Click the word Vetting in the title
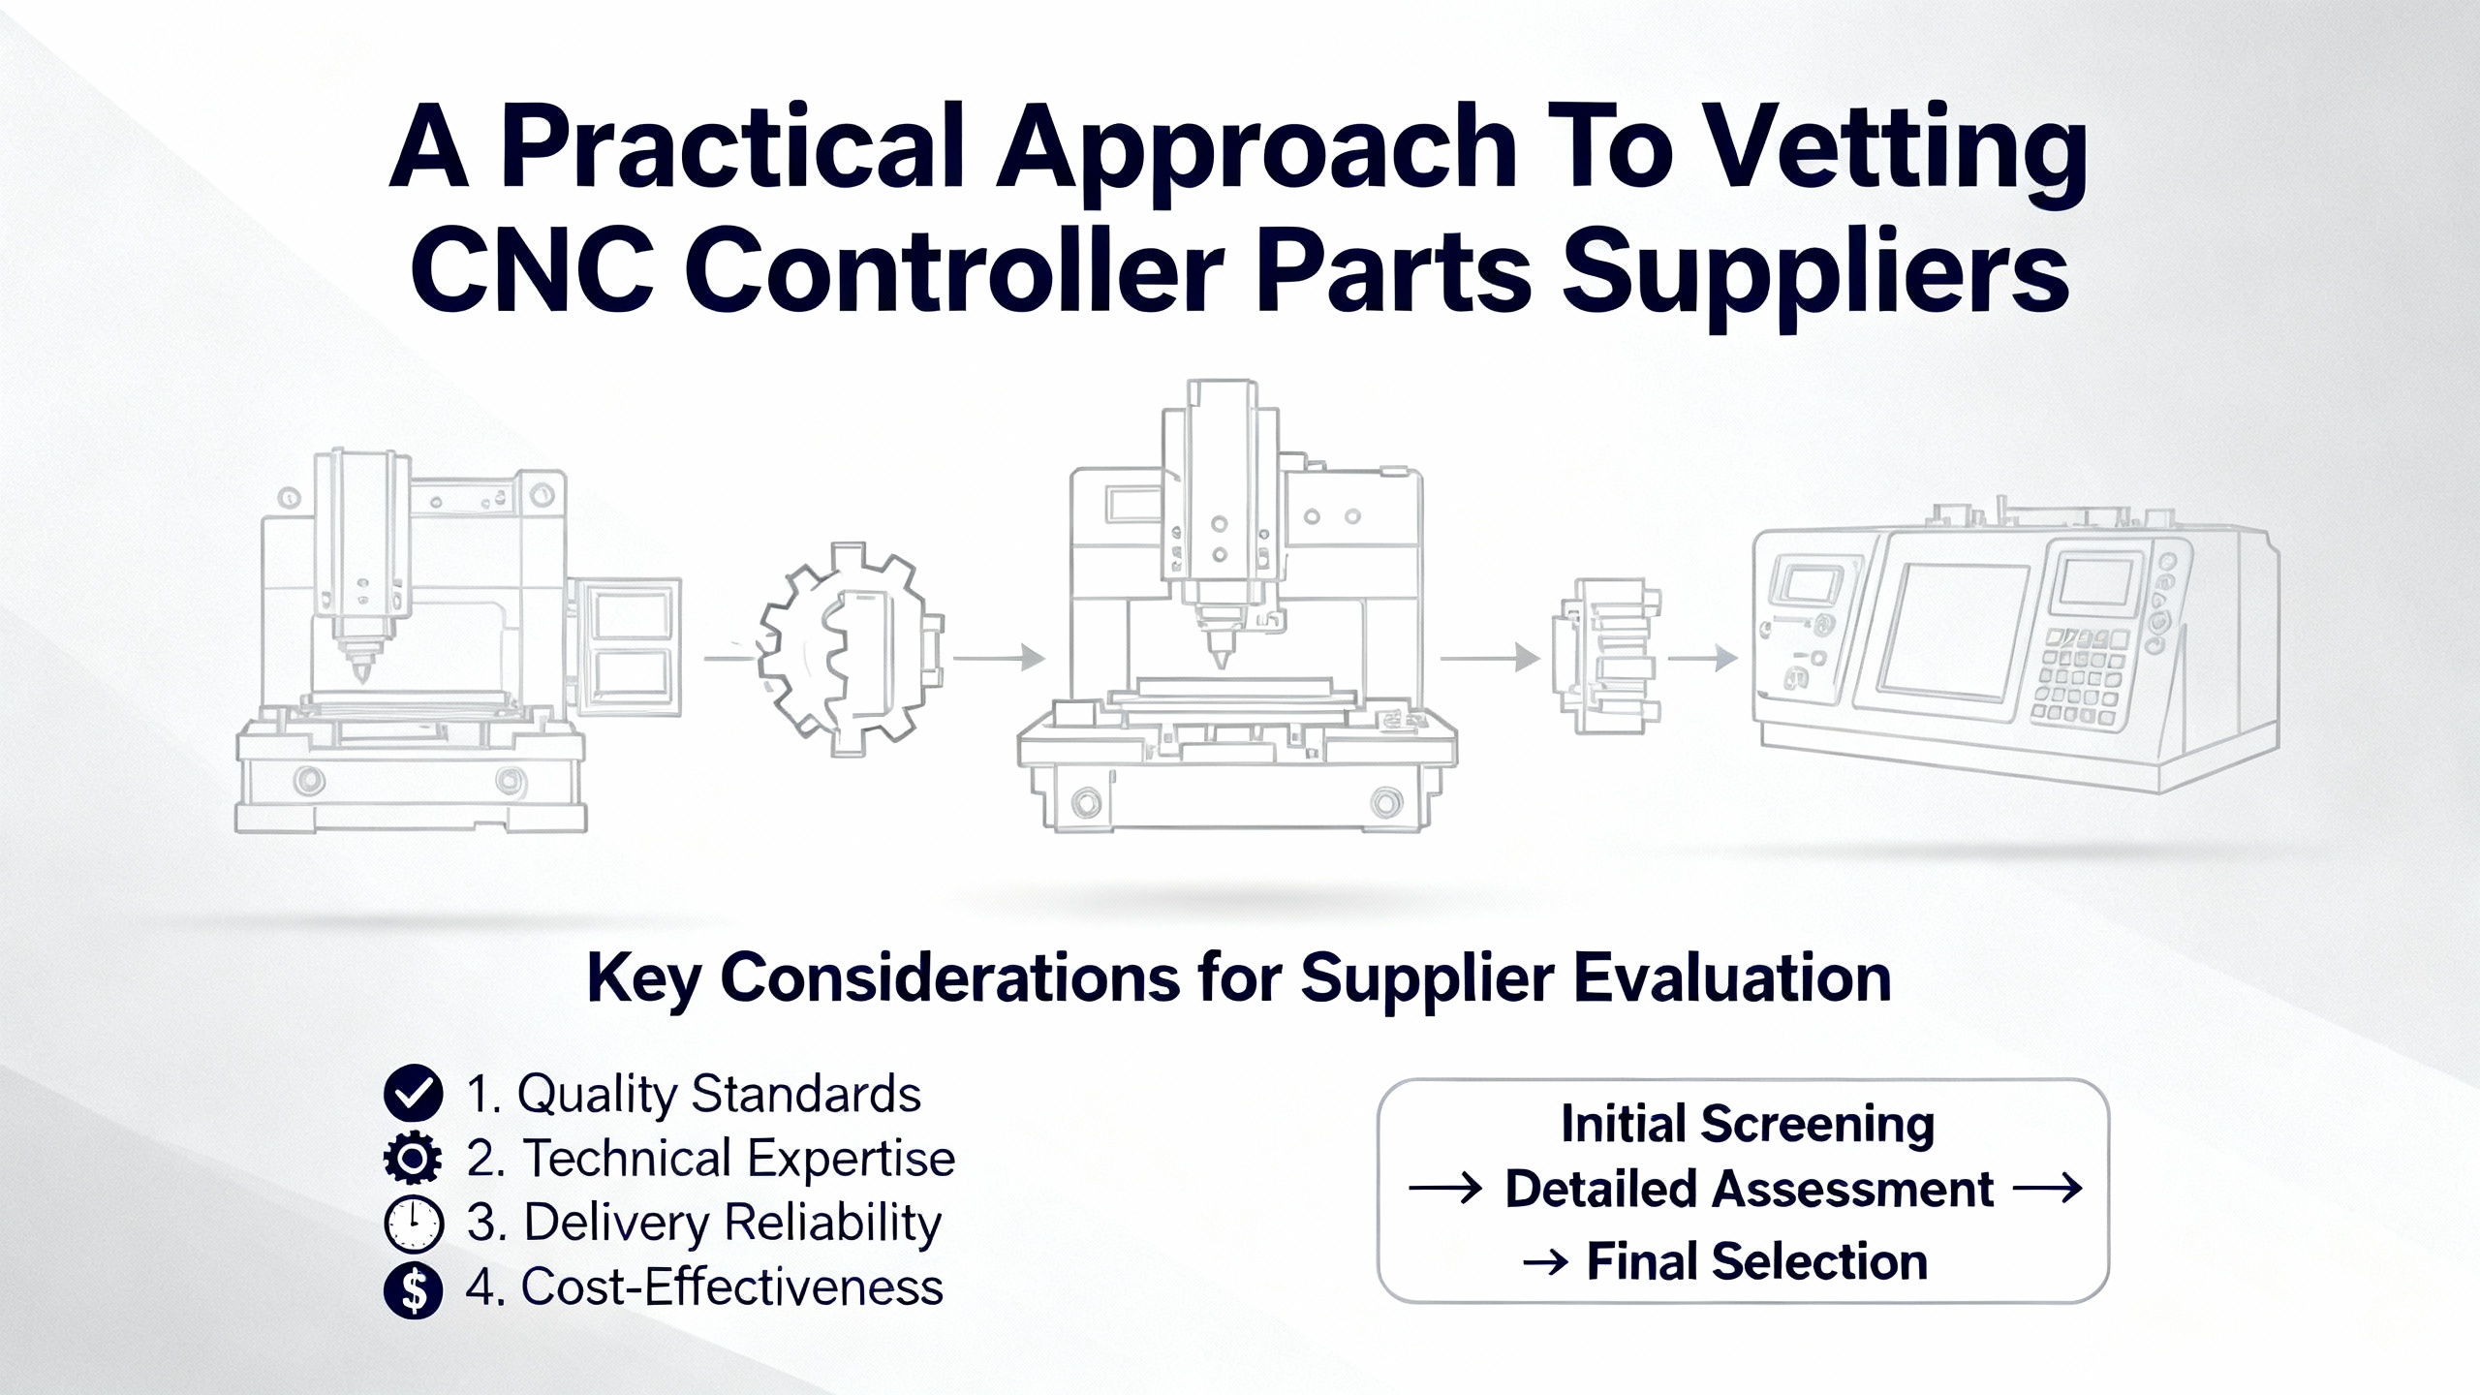click(x=1895, y=153)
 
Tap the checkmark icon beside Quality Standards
click(x=414, y=1093)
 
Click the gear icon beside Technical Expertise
click(x=414, y=1159)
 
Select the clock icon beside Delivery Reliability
click(x=414, y=1224)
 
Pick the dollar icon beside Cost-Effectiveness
click(x=414, y=1290)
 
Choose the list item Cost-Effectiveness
click(x=704, y=1287)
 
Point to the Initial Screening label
click(x=1748, y=1126)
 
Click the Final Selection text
click(x=1756, y=1261)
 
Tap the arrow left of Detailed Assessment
click(x=1445, y=1188)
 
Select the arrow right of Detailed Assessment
click(x=2048, y=1188)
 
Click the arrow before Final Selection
click(x=1546, y=1262)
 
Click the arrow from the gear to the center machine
click(x=1000, y=659)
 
